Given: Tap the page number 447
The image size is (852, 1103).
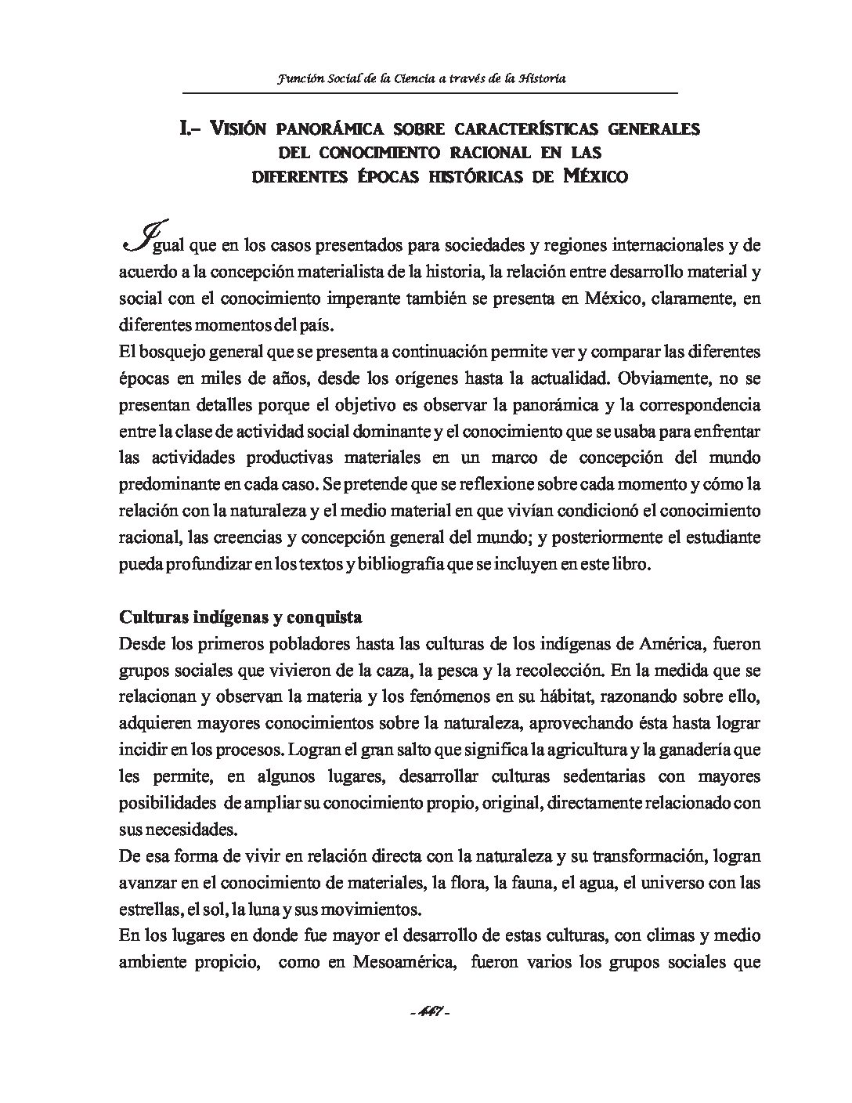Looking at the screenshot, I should coord(428,1012).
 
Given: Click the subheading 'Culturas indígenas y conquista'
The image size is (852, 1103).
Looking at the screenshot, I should coord(240,617).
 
